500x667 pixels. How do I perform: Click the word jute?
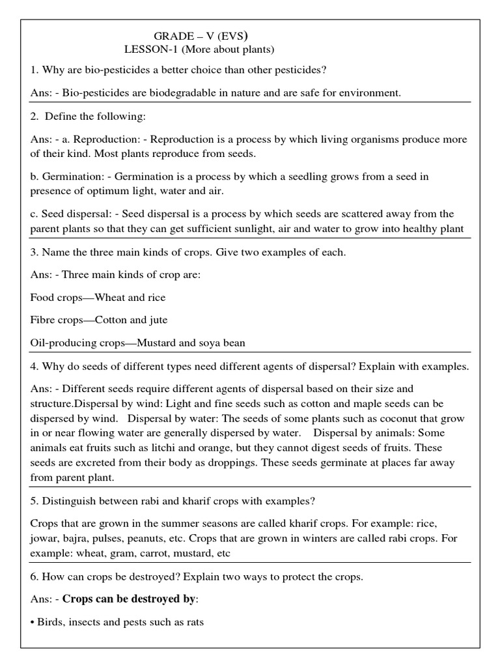[158, 320]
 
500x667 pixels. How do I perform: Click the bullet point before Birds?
[33, 623]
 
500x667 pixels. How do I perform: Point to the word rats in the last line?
[195, 622]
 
